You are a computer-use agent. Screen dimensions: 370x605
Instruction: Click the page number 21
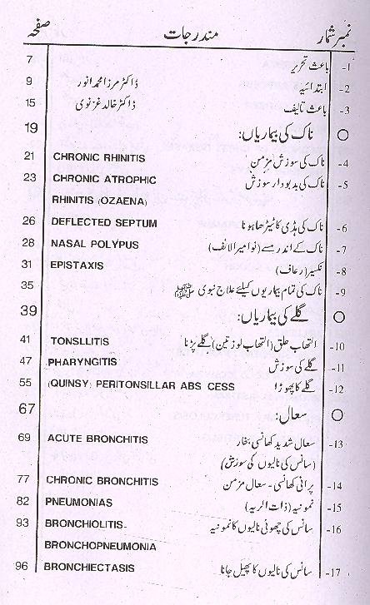(28, 156)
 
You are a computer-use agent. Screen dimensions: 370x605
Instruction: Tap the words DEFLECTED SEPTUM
(99, 221)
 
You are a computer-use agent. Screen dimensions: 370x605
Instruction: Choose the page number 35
(28, 285)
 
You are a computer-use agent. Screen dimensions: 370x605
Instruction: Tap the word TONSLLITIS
(80, 341)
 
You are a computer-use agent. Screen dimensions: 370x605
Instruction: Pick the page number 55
(28, 384)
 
